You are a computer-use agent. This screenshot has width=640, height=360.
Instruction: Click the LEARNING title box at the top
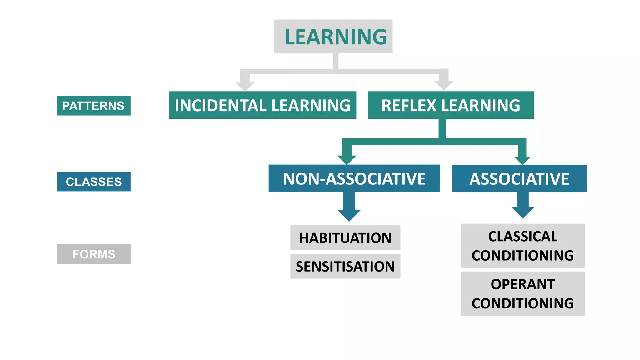coord(333,37)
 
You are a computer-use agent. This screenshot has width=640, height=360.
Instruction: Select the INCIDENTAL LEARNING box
coord(262,105)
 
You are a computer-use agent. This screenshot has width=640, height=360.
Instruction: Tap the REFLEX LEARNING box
coord(451,105)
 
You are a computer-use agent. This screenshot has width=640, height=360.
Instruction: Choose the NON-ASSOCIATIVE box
coord(354,178)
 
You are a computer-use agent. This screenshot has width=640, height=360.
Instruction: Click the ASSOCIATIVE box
coord(519,178)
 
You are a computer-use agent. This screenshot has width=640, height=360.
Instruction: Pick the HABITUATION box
coord(345,238)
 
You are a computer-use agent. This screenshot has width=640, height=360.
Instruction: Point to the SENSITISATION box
coord(345,266)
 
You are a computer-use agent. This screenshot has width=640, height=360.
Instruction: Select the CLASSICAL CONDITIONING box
coord(522,246)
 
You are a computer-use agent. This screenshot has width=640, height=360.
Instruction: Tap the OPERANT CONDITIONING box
coord(522,294)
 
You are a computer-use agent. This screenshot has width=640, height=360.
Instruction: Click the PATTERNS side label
coord(94,106)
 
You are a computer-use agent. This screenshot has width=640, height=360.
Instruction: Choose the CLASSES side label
coord(94,182)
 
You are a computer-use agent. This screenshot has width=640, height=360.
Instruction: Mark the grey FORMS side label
coord(94,254)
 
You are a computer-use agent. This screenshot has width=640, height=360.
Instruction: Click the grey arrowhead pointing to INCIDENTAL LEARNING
coord(245,86)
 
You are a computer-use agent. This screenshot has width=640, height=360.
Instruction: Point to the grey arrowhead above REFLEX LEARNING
coord(444,85)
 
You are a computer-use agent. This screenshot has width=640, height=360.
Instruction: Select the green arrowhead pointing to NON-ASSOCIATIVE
coord(347,159)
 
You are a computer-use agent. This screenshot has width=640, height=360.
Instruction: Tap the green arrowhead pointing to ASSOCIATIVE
coord(522,159)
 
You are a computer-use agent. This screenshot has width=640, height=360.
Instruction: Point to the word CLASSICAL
coord(522,237)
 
